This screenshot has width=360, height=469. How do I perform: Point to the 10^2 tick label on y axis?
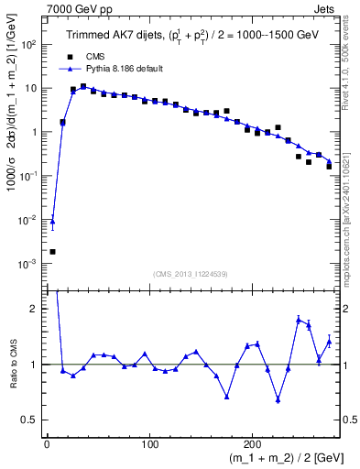27,44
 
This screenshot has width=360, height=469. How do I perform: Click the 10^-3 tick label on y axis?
27,264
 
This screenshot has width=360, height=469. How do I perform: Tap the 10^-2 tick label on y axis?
27,220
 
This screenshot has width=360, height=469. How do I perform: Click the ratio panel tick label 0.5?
31,420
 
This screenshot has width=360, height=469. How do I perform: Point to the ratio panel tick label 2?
36,309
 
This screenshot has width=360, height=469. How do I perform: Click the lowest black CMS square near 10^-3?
52,252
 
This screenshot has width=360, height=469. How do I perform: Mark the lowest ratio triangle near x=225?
278,399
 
